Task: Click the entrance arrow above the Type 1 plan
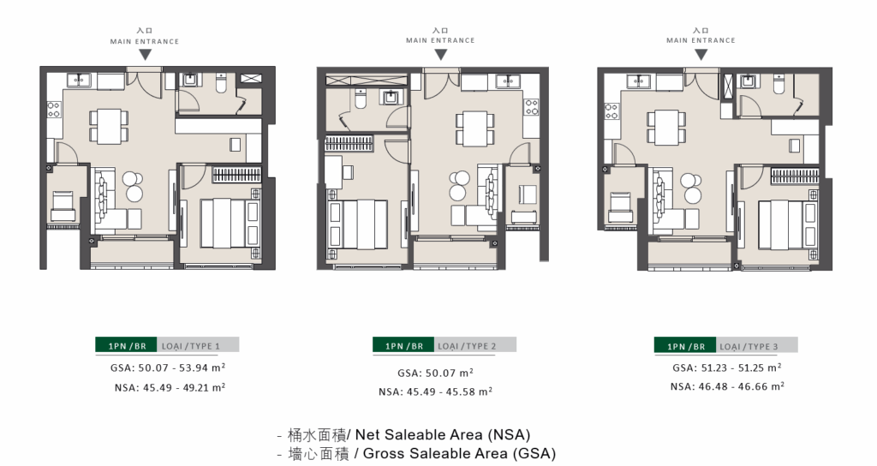point(145,55)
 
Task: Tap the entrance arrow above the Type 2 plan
point(441,54)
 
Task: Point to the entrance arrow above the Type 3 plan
point(701,54)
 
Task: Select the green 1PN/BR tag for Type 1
point(126,345)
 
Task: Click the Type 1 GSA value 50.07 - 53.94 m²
point(168,367)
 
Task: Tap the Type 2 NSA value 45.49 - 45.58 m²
point(435,391)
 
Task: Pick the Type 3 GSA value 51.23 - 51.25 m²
point(727,367)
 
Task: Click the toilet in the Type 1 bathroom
point(221,82)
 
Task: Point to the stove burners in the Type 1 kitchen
point(54,109)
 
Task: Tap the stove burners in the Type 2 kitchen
point(531,107)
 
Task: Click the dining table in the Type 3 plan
point(666,127)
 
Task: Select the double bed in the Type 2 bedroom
point(358,225)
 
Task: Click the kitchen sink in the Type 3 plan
point(639,81)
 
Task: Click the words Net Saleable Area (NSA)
point(443,434)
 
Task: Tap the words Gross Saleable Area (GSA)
point(459,453)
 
